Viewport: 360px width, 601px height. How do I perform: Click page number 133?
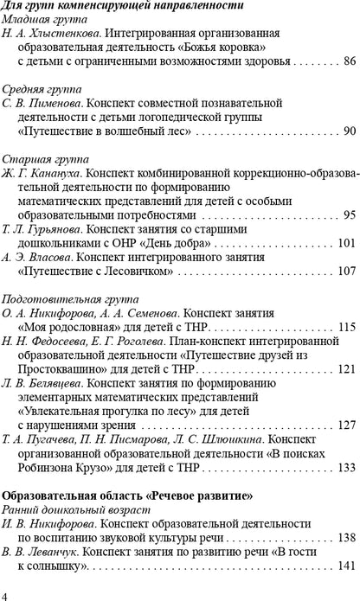click(x=346, y=467)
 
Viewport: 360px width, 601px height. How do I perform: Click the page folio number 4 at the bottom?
click(x=6, y=594)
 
